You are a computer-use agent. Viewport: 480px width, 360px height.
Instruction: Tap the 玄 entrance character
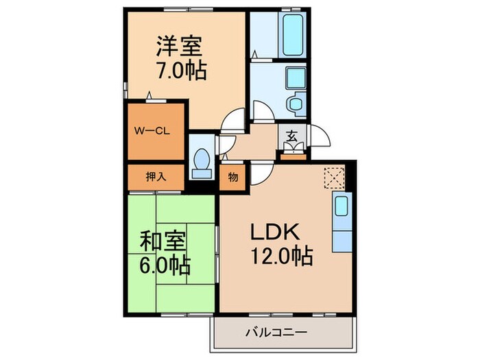click(291, 136)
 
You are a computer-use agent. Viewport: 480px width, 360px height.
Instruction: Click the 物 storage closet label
click(233, 177)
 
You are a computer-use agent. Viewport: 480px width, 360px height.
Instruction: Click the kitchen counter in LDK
click(341, 223)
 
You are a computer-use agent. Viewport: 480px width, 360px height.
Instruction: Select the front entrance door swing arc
click(317, 136)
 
